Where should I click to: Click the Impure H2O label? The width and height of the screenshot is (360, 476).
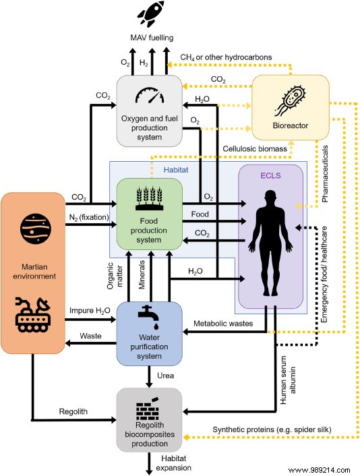tap(88, 310)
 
